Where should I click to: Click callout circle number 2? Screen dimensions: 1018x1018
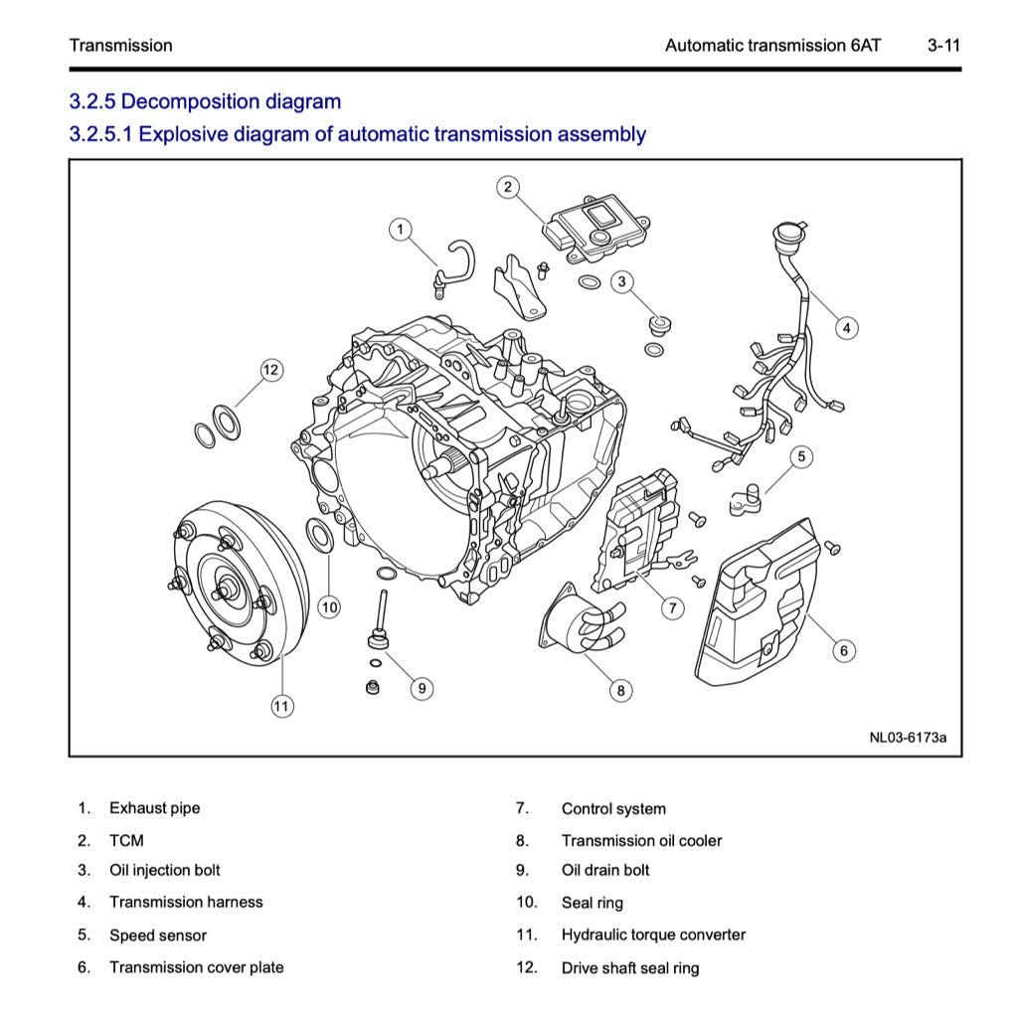pyautogui.click(x=507, y=186)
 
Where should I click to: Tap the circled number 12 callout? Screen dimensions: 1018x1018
pyautogui.click(x=271, y=370)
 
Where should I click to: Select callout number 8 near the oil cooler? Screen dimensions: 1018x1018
pyautogui.click(x=620, y=690)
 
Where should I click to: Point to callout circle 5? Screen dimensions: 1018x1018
pyautogui.click(x=801, y=456)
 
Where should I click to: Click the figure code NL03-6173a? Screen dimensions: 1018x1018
pyautogui.click(x=908, y=738)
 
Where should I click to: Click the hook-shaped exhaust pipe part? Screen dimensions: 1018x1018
pyautogui.click(x=455, y=262)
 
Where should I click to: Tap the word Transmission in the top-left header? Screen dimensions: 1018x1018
pyautogui.click(x=120, y=46)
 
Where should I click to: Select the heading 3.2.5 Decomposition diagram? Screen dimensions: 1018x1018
pyautogui.click(x=205, y=101)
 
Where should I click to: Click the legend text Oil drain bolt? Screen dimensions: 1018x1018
pyautogui.click(x=605, y=871)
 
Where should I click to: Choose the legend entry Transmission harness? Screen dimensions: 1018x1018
pyautogui.click(x=186, y=903)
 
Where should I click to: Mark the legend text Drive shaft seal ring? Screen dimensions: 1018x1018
pyautogui.click(x=630, y=968)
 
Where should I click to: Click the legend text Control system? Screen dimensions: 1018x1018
pyautogui.click(x=613, y=809)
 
